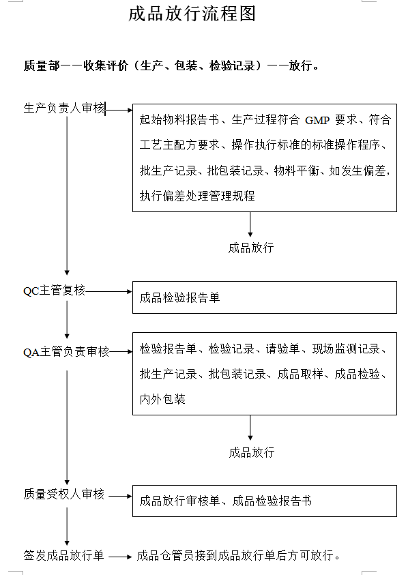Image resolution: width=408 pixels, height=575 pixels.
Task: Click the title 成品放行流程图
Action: pyautogui.click(x=192, y=14)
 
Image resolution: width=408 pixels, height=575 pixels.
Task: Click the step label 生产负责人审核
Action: pyautogui.click(x=64, y=108)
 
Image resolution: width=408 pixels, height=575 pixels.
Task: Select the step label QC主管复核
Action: pyautogui.click(x=54, y=291)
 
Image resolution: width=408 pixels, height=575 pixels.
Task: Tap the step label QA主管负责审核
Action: pyautogui.click(x=66, y=352)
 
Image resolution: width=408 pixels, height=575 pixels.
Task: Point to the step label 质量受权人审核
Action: pyautogui.click(x=64, y=494)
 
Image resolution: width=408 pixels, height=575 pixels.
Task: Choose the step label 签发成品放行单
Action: pyautogui.click(x=64, y=555)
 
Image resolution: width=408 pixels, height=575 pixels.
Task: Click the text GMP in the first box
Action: pyautogui.click(x=317, y=120)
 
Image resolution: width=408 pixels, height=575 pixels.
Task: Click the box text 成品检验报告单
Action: pyautogui.click(x=179, y=297)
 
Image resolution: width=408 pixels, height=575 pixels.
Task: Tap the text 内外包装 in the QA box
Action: pyautogui.click(x=162, y=399)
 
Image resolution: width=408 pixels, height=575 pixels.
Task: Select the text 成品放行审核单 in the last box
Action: pyautogui.click(x=179, y=501)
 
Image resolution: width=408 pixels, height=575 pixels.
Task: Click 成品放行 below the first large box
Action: pyautogui.click(x=251, y=248)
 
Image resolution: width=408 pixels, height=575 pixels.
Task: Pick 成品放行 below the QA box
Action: pyautogui.click(x=252, y=452)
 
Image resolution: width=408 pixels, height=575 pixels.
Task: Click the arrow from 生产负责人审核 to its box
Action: pyautogui.click(x=119, y=110)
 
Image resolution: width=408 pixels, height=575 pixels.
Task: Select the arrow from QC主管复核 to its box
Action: pyautogui.click(x=108, y=291)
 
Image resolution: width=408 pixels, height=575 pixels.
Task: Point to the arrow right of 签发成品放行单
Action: pyautogui.click(x=120, y=557)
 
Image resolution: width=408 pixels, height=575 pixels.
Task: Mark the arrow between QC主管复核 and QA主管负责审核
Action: pyautogui.click(x=67, y=320)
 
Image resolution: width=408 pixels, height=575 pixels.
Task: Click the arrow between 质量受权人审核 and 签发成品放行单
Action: pyautogui.click(x=67, y=527)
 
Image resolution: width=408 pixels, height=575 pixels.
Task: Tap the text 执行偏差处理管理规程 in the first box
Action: pyautogui.click(x=197, y=196)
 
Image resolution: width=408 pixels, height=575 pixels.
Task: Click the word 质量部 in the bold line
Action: pyautogui.click(x=42, y=65)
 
